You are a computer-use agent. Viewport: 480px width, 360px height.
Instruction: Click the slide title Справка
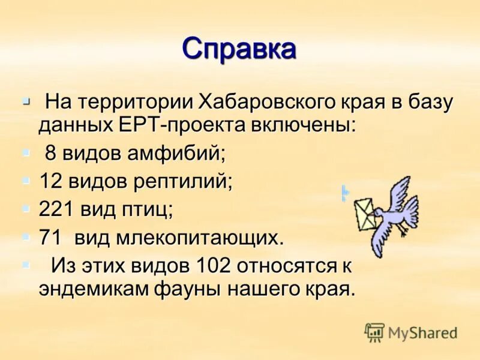point(239,49)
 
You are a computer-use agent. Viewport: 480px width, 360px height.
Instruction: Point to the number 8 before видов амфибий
point(50,154)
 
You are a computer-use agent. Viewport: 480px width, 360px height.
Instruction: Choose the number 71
point(50,237)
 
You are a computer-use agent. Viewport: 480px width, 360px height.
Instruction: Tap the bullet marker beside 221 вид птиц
point(25,207)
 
